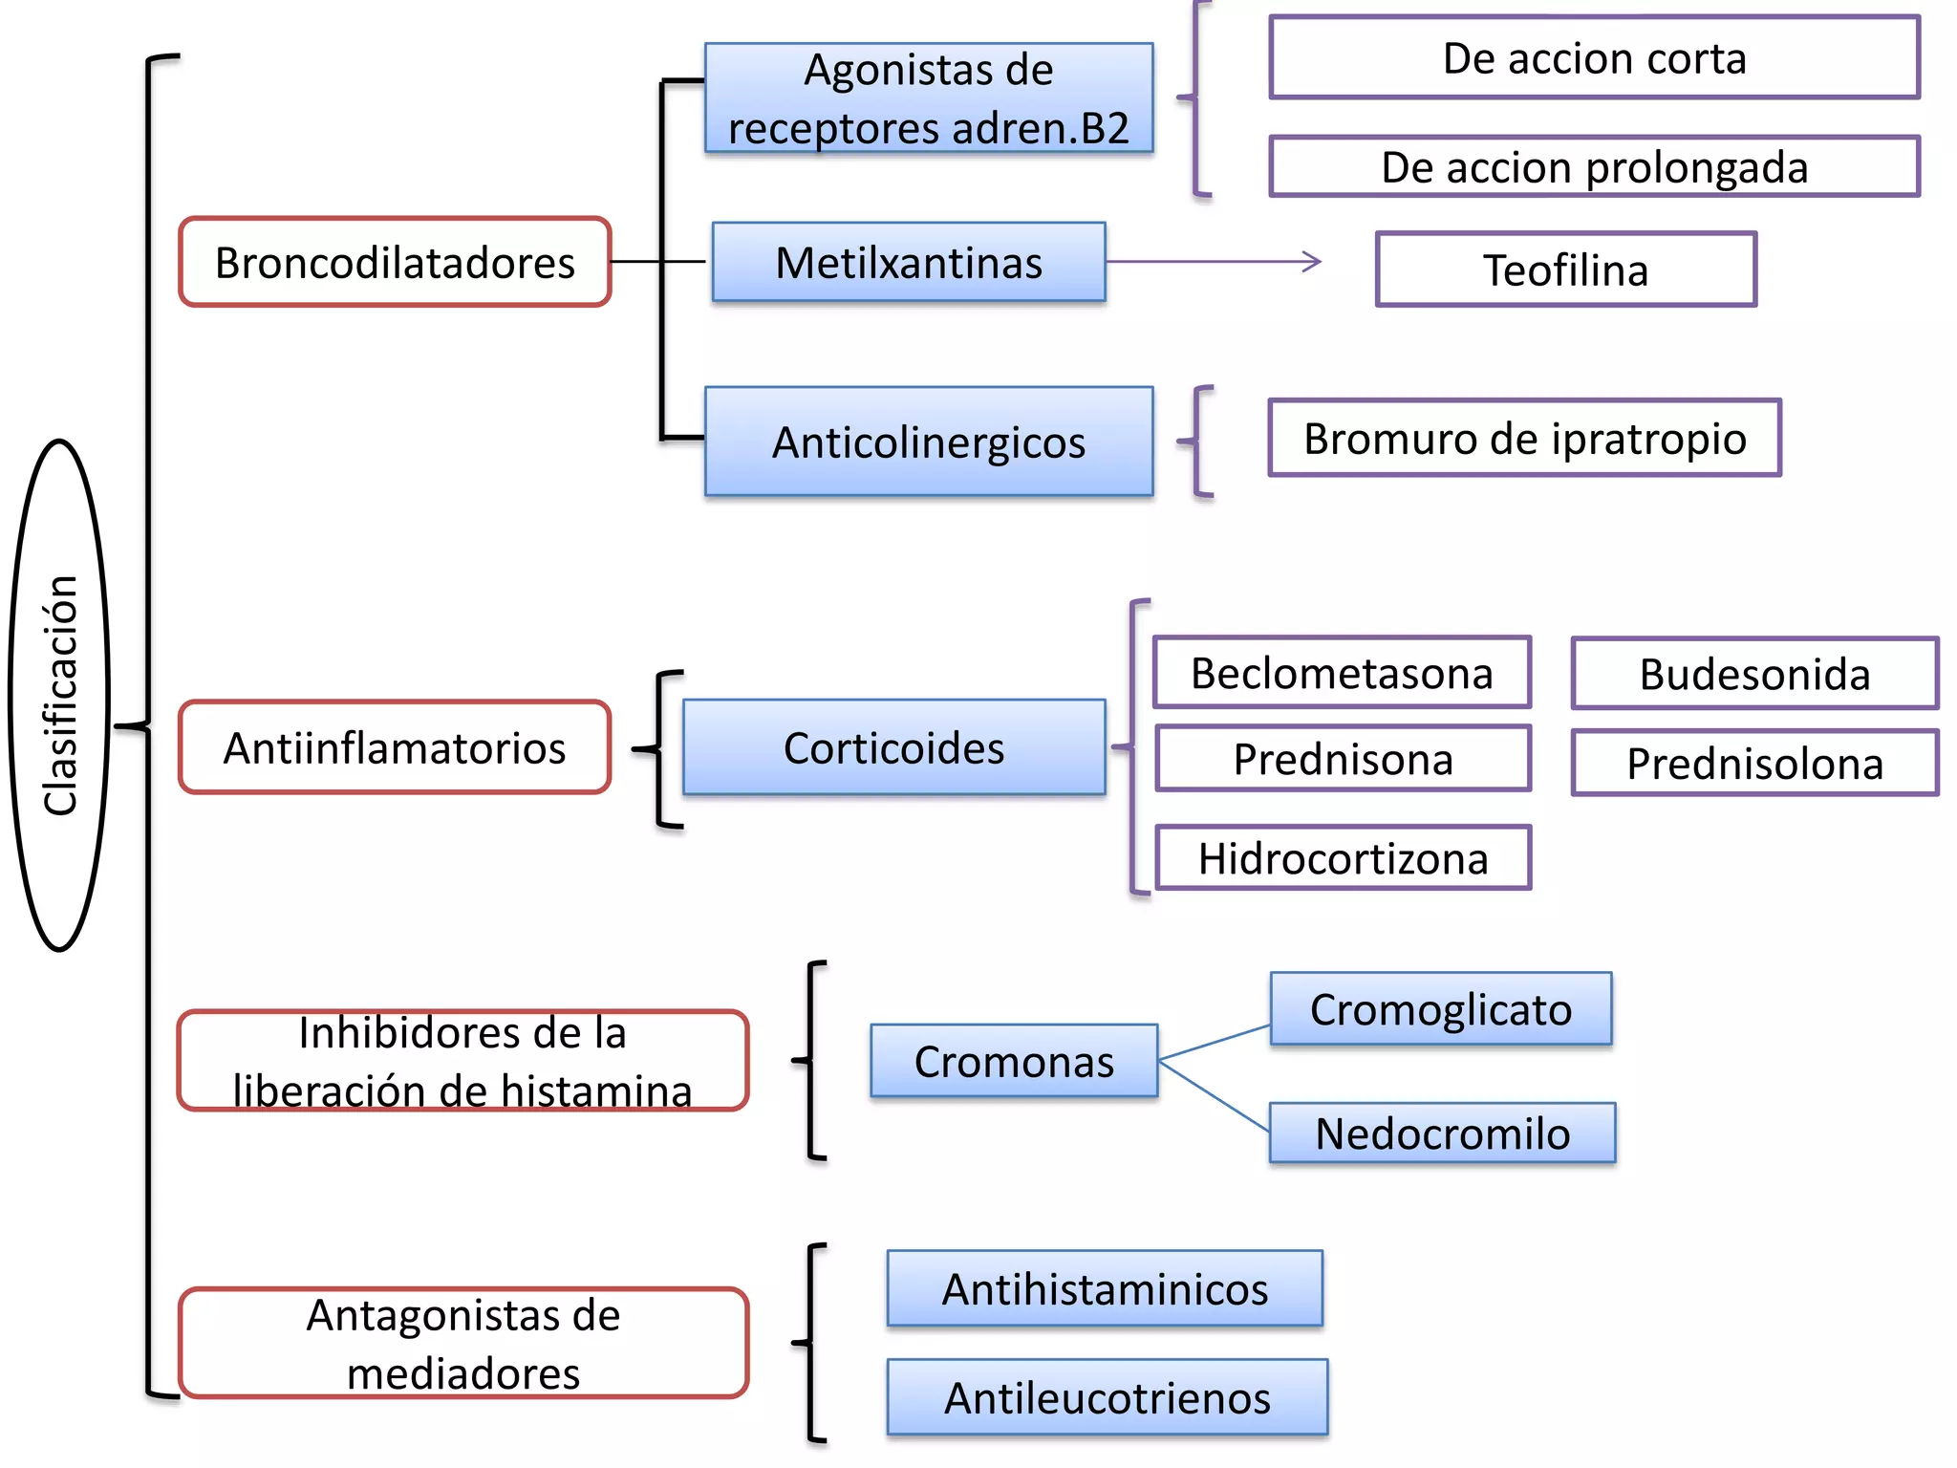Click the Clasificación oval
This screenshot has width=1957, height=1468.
(x=60, y=695)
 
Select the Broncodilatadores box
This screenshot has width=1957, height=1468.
(x=395, y=262)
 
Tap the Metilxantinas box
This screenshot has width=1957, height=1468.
(x=908, y=262)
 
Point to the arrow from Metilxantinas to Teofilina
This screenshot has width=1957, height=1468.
(x=1214, y=261)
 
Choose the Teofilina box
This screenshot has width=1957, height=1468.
(x=1565, y=270)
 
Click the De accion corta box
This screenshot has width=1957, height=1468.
(x=1594, y=57)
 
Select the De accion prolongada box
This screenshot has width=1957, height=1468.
(x=1594, y=167)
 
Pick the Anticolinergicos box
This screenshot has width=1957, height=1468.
(x=929, y=442)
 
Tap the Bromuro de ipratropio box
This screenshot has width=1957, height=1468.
(x=1524, y=438)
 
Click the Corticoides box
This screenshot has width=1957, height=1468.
(x=893, y=747)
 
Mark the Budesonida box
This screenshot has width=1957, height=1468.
(x=1754, y=674)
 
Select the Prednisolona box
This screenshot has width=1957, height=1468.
(x=1754, y=764)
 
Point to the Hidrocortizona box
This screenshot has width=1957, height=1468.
(x=1343, y=858)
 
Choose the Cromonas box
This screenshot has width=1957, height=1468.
(x=1014, y=1061)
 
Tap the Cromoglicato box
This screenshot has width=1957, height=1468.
(x=1440, y=1009)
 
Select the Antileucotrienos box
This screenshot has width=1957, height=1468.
(x=1107, y=1397)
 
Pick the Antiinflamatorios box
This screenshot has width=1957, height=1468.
(x=395, y=747)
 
